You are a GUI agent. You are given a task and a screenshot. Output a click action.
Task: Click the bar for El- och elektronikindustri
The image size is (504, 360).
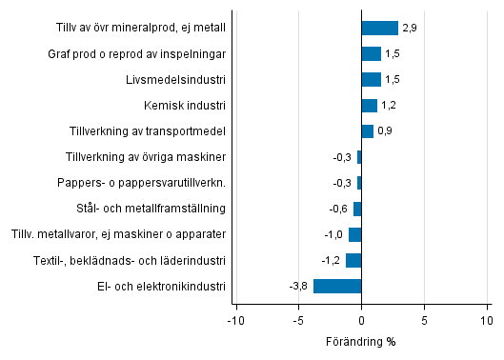(x=337, y=286)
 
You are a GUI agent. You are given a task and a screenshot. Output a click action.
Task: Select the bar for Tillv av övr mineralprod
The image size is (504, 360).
(x=379, y=28)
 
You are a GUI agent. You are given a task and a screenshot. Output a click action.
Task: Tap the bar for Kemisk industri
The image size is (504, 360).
(x=370, y=105)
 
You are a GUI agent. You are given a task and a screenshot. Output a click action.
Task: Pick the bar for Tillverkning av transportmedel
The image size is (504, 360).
(x=367, y=130)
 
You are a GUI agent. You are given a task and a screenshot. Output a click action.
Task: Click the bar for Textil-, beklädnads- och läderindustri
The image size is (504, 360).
(x=353, y=260)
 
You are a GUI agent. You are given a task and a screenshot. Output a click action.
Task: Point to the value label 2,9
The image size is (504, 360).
(x=410, y=29)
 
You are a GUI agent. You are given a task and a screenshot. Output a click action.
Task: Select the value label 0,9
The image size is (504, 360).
(x=385, y=131)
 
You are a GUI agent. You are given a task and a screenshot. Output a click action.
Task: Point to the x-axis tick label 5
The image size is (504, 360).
(x=425, y=321)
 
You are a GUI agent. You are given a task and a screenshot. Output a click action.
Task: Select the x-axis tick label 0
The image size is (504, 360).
(x=362, y=321)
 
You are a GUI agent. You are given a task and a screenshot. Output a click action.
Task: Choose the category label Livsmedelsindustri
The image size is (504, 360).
(x=179, y=79)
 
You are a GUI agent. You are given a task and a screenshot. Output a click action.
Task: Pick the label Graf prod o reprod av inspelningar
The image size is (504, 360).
(x=136, y=53)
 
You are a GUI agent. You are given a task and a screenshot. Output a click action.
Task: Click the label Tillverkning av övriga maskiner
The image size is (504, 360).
(x=146, y=157)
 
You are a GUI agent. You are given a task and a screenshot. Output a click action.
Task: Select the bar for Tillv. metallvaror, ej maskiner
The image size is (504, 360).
(x=355, y=234)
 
